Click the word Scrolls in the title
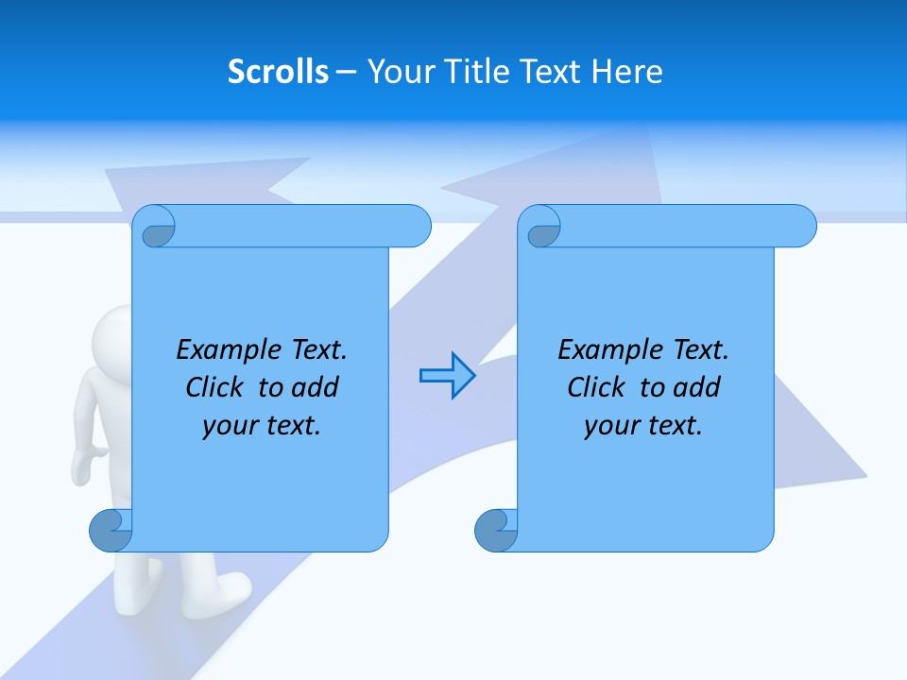pyautogui.click(x=278, y=72)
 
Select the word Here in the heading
pyautogui.click(x=626, y=72)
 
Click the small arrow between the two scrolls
pyautogui.click(x=447, y=375)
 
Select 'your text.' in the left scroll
pyautogui.click(x=262, y=426)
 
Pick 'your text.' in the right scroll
pyautogui.click(x=643, y=426)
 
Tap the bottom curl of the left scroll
pyautogui.click(x=111, y=531)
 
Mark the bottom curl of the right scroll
pyautogui.click(x=496, y=531)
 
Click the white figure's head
pyautogui.click(x=111, y=335)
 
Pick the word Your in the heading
pyautogui.click(x=397, y=72)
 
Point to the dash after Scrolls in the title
pyautogui.click(x=347, y=72)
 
